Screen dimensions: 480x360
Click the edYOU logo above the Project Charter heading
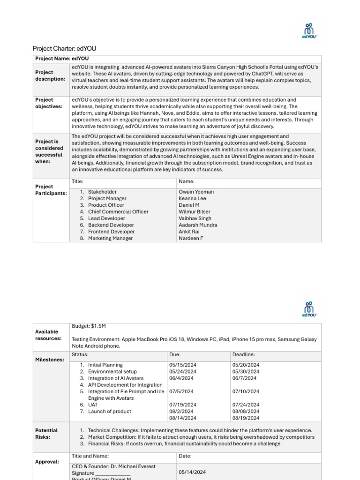309,30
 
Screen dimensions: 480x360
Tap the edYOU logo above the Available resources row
309,309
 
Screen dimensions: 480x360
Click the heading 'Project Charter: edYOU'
65,49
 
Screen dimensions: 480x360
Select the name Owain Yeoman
196,192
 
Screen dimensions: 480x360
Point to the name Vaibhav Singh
195,218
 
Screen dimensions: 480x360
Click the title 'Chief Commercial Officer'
118,212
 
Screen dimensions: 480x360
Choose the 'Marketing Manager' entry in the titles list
110,238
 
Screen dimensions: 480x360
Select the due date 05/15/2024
183,365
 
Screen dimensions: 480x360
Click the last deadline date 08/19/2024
246,418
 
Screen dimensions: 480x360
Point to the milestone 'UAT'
93,405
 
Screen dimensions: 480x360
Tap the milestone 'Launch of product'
110,411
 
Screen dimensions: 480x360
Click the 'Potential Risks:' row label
46,434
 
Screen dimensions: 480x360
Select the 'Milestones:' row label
50,360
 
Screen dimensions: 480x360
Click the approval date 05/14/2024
192,472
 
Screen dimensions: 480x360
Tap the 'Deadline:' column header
244,355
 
